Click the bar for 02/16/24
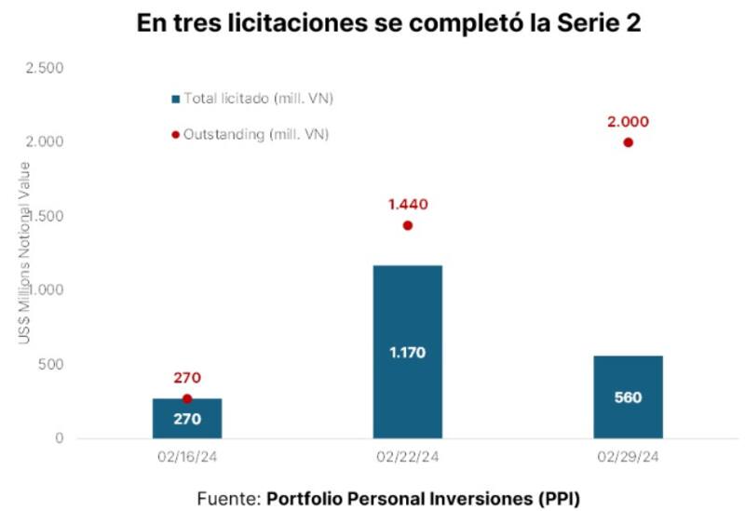187,419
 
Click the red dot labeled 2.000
628,142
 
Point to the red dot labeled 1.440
407,225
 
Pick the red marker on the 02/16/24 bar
187,398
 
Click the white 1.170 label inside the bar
407,353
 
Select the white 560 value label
628,397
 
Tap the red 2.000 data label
627,121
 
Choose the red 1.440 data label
407,204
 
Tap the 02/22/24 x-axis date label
407,457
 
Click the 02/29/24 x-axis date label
628,457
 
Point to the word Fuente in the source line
228,497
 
